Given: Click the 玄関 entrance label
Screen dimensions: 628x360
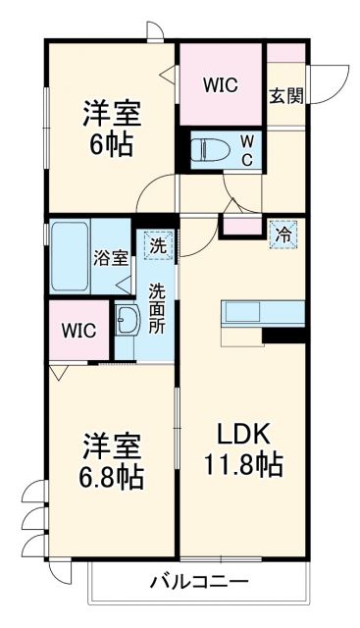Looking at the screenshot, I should (285, 95).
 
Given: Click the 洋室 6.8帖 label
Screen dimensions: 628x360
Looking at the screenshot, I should (109, 462).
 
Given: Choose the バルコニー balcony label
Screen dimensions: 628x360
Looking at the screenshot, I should (198, 581).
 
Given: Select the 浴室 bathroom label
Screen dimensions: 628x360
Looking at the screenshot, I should (110, 258).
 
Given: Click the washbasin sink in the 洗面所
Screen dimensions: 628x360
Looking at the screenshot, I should (128, 319).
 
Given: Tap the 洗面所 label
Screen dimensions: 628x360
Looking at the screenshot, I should (157, 308).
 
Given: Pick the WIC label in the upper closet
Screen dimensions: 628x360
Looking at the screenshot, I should (220, 85).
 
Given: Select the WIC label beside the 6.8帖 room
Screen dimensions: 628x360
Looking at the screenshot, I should (78, 330).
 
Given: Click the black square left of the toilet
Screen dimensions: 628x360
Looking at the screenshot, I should (182, 150).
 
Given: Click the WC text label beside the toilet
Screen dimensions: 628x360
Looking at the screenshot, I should (247, 149).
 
